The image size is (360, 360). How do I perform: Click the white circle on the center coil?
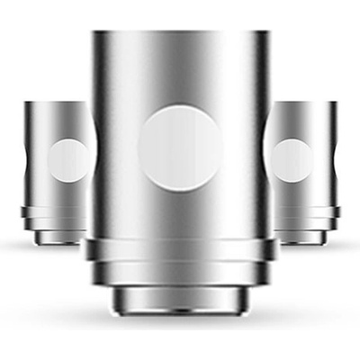click(x=180, y=148)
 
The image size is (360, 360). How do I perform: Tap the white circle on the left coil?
click(x=67, y=160)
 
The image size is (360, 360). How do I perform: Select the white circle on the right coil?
click(x=293, y=160)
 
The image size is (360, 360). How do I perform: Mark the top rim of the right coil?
click(x=303, y=103)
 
